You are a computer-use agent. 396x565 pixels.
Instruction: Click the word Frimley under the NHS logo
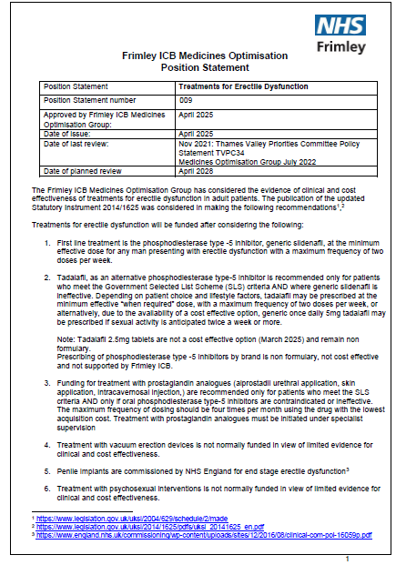(x=340, y=46)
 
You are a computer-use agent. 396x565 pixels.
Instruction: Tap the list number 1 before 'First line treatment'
(x=48, y=246)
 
